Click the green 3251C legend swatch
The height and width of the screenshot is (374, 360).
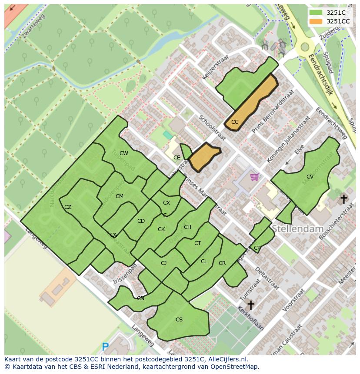coord(316,13)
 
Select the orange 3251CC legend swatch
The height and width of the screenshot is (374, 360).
coord(316,21)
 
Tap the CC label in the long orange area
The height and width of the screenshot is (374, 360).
coord(235,122)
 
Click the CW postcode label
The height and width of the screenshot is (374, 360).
coord(124,153)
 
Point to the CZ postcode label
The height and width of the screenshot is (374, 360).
coord(68,207)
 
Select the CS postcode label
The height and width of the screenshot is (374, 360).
coord(179,320)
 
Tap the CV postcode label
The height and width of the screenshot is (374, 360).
coord(310,177)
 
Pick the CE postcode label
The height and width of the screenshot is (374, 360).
coord(177,158)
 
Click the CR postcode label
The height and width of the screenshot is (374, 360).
coord(222,263)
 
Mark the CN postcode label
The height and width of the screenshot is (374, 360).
coord(140,298)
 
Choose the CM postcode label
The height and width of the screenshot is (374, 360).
coord(120,196)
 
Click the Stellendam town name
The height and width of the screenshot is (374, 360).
coord(298,228)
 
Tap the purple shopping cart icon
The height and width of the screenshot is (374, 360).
coord(254,177)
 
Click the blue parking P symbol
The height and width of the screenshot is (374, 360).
coord(105,347)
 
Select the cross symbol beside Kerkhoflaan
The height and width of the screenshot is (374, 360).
coord(250,305)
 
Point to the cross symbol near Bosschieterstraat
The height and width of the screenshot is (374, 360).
coord(343,199)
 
